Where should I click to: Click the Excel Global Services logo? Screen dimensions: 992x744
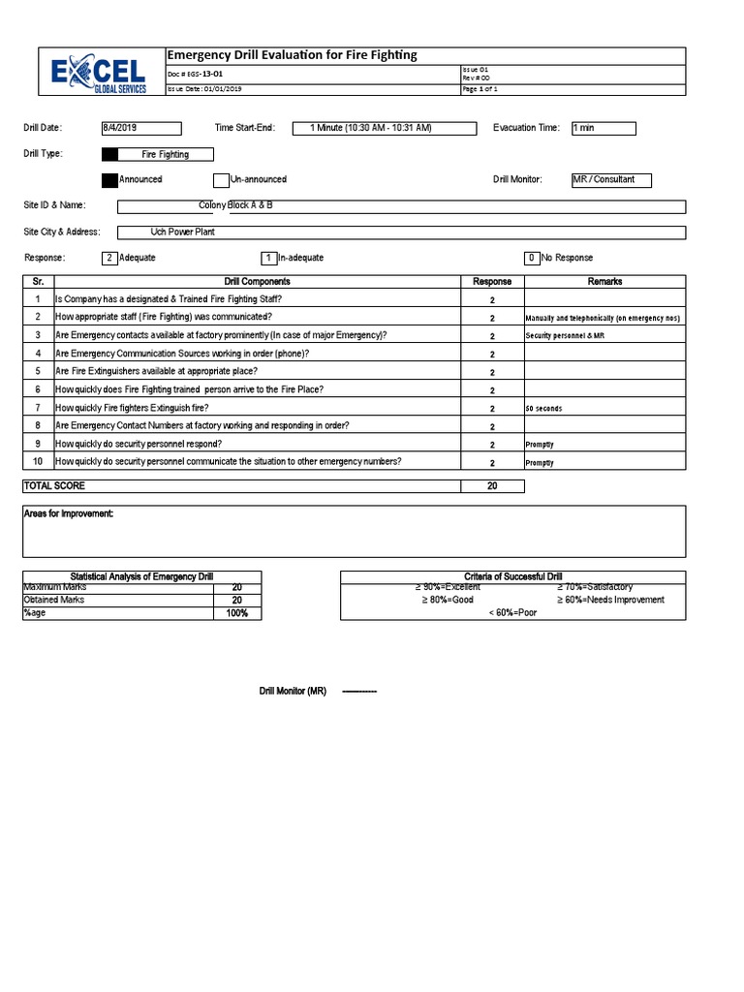(101, 73)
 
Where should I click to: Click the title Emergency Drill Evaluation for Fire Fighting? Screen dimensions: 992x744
(293, 55)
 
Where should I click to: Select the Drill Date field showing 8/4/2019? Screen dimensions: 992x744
(140, 128)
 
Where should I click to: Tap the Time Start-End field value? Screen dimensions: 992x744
(371, 128)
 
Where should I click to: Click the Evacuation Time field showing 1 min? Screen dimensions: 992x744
(603, 128)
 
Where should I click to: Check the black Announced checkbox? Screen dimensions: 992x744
(109, 179)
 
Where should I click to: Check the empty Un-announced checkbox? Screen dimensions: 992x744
(221, 179)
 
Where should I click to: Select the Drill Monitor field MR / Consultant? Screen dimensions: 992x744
(610, 180)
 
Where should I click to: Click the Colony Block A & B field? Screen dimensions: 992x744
(235, 205)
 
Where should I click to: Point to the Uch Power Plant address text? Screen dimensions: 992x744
(182, 232)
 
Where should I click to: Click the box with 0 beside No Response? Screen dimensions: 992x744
(532, 258)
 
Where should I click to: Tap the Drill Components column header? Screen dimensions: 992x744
(258, 282)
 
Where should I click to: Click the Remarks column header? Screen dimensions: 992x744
(604, 282)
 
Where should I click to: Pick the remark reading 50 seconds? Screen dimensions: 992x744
(543, 409)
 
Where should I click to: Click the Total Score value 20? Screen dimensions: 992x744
(492, 486)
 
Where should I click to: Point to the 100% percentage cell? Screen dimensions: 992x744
(237, 613)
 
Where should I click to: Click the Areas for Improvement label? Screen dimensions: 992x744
(69, 513)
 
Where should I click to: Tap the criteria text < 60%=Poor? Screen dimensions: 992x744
(512, 613)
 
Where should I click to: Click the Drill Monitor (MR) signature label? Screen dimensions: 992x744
(293, 692)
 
